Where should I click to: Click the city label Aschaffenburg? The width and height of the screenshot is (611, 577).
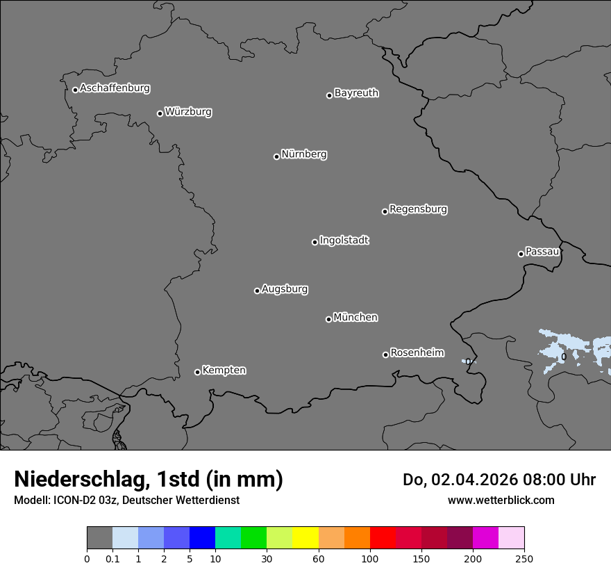(x=115, y=88)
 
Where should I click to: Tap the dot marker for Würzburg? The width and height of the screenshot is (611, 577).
(x=160, y=113)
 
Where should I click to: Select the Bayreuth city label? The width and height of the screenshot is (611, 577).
(x=356, y=93)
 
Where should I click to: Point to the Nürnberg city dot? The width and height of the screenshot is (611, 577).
(x=276, y=156)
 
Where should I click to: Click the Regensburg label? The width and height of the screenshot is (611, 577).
(x=418, y=209)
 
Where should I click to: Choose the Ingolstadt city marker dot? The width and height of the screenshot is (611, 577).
(x=315, y=242)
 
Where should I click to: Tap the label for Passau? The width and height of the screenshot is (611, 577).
(x=542, y=252)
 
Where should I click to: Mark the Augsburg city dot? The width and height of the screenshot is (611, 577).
(x=257, y=291)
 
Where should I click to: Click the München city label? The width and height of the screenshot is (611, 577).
(x=355, y=318)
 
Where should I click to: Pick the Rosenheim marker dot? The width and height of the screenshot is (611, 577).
(x=385, y=355)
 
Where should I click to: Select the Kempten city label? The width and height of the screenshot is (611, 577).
(x=224, y=371)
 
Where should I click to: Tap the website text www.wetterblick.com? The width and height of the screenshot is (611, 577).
(x=501, y=501)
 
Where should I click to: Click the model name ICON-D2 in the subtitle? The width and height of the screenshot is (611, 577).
(x=75, y=501)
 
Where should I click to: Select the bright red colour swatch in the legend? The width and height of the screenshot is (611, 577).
(x=383, y=538)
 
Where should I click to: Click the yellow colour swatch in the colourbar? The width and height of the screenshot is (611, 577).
(x=305, y=538)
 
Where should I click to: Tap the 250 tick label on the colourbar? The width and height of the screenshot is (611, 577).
(x=524, y=558)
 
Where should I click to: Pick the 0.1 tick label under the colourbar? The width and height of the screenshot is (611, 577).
(x=112, y=558)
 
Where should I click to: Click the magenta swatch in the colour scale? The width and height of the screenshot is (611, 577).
(x=485, y=538)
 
